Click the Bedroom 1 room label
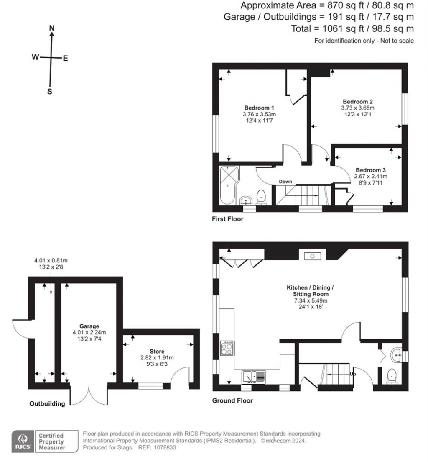pyautogui.click(x=259, y=108)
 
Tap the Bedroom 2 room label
pyautogui.click(x=358, y=102)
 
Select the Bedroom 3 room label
pyautogui.click(x=371, y=170)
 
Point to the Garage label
pyautogui.click(x=89, y=326)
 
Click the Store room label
pyautogui.click(x=157, y=351)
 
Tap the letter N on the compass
pyautogui.click(x=52, y=28)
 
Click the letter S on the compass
pyautogui.click(x=50, y=92)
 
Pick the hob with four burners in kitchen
pyautogui.click(x=227, y=348)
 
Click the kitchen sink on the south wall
pyautogui.click(x=253, y=377)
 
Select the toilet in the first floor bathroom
pyautogui.click(x=261, y=198)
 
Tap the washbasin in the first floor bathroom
pyautogui.click(x=246, y=201)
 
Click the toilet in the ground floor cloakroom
pyautogui.click(x=392, y=376)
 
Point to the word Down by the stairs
pyautogui.click(x=285, y=182)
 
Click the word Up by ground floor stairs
pyautogui.click(x=352, y=374)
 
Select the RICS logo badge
pyautogui.click(x=23, y=441)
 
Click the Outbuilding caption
pyautogui.click(x=47, y=403)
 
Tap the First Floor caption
pyautogui.click(x=227, y=219)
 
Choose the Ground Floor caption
pyautogui.click(x=232, y=400)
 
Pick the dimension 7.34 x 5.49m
pyautogui.click(x=311, y=300)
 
